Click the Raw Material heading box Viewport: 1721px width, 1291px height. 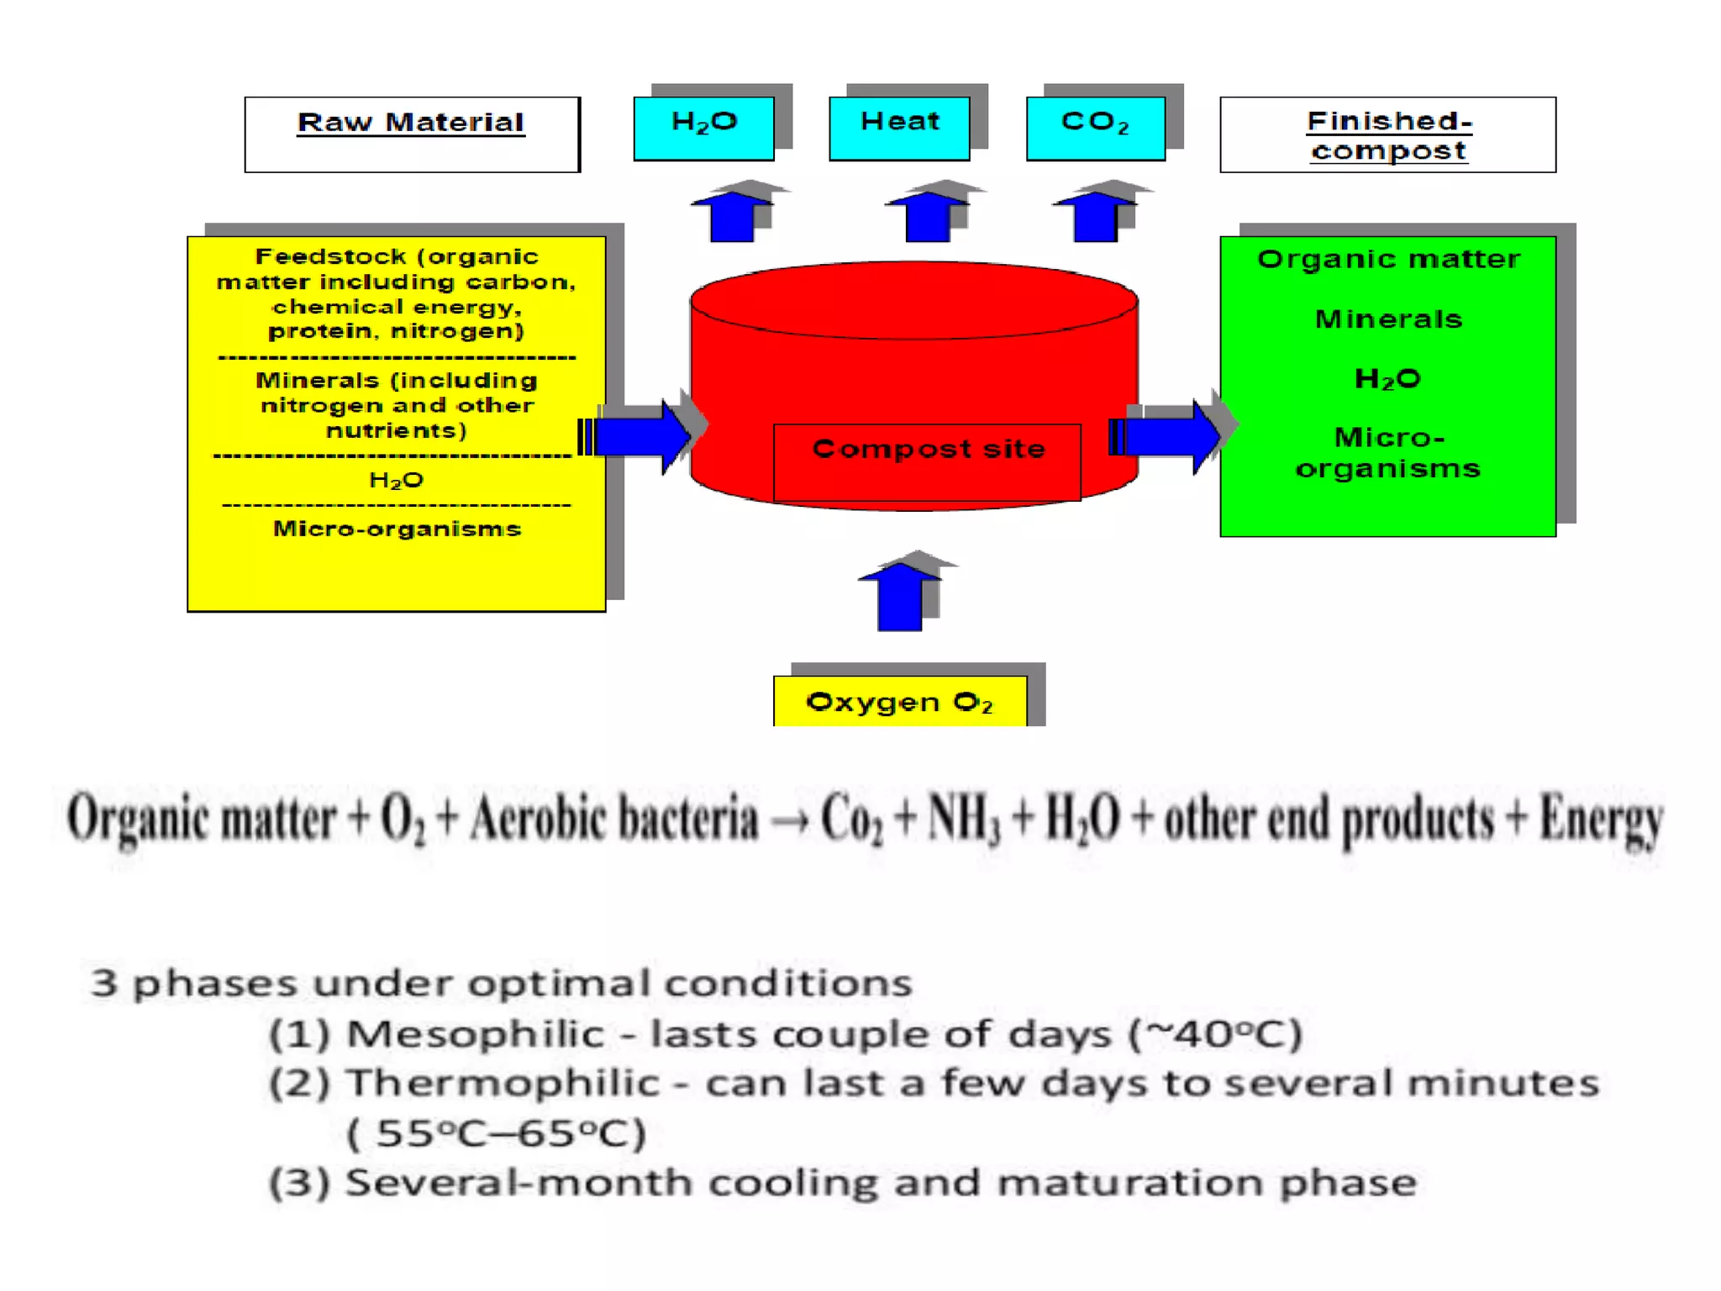(x=412, y=134)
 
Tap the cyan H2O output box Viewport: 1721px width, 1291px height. (x=704, y=128)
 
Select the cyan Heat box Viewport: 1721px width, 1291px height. (x=899, y=128)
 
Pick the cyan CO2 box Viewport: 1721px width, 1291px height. (x=1096, y=128)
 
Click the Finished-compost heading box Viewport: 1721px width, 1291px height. (x=1387, y=134)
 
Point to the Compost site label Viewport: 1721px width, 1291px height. (x=928, y=451)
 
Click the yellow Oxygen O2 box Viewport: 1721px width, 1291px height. (x=899, y=702)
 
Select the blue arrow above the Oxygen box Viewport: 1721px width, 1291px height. (x=899, y=597)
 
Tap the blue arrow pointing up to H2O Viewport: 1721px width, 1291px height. (x=732, y=217)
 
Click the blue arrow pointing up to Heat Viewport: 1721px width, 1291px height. (x=927, y=217)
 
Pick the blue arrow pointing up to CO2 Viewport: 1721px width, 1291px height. (x=1095, y=217)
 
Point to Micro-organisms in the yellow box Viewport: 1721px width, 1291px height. (x=397, y=530)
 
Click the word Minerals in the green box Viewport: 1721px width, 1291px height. (x=1388, y=319)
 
